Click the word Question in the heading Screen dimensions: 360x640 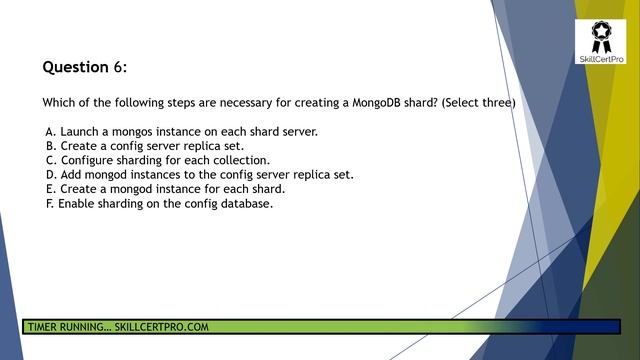[x=74, y=67]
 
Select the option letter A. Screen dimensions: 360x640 [x=50, y=131]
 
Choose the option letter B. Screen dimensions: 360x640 [x=50, y=146]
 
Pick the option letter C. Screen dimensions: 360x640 [x=50, y=160]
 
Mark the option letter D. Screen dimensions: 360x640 [x=50, y=174]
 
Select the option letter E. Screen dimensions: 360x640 [x=50, y=189]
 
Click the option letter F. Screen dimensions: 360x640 [x=49, y=203]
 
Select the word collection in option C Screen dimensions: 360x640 [x=239, y=160]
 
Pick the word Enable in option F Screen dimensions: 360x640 [x=78, y=203]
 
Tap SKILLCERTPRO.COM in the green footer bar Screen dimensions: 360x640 [x=161, y=327]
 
